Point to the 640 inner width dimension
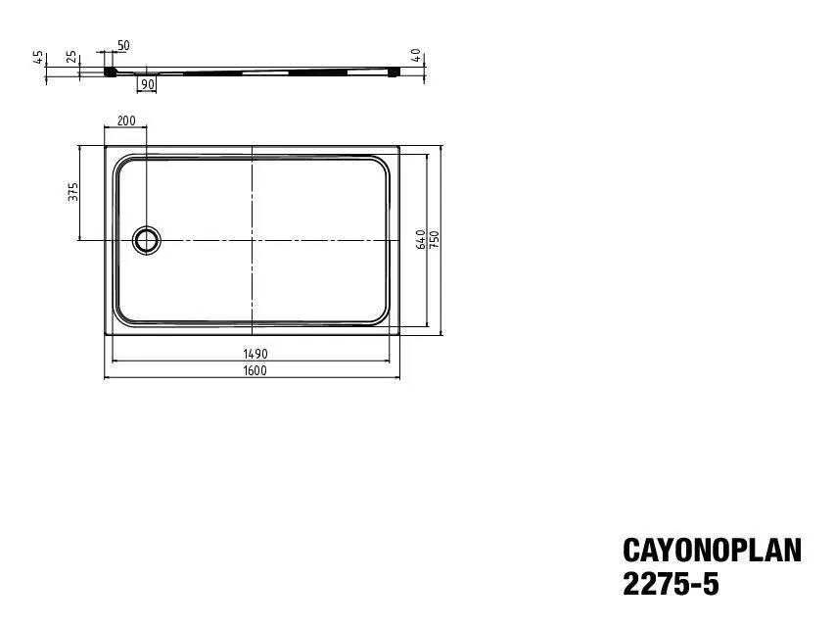[421, 240]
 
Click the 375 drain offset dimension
[72, 192]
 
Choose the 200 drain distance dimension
[126, 121]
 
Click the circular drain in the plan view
[147, 239]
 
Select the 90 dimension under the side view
[147, 85]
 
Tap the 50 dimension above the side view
[123, 46]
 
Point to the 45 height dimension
[39, 56]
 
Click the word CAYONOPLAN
[712, 552]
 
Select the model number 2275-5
[671, 585]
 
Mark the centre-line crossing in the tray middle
[253, 239]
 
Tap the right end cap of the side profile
[394, 71]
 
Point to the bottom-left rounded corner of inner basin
[122, 315]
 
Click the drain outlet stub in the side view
[147, 72]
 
